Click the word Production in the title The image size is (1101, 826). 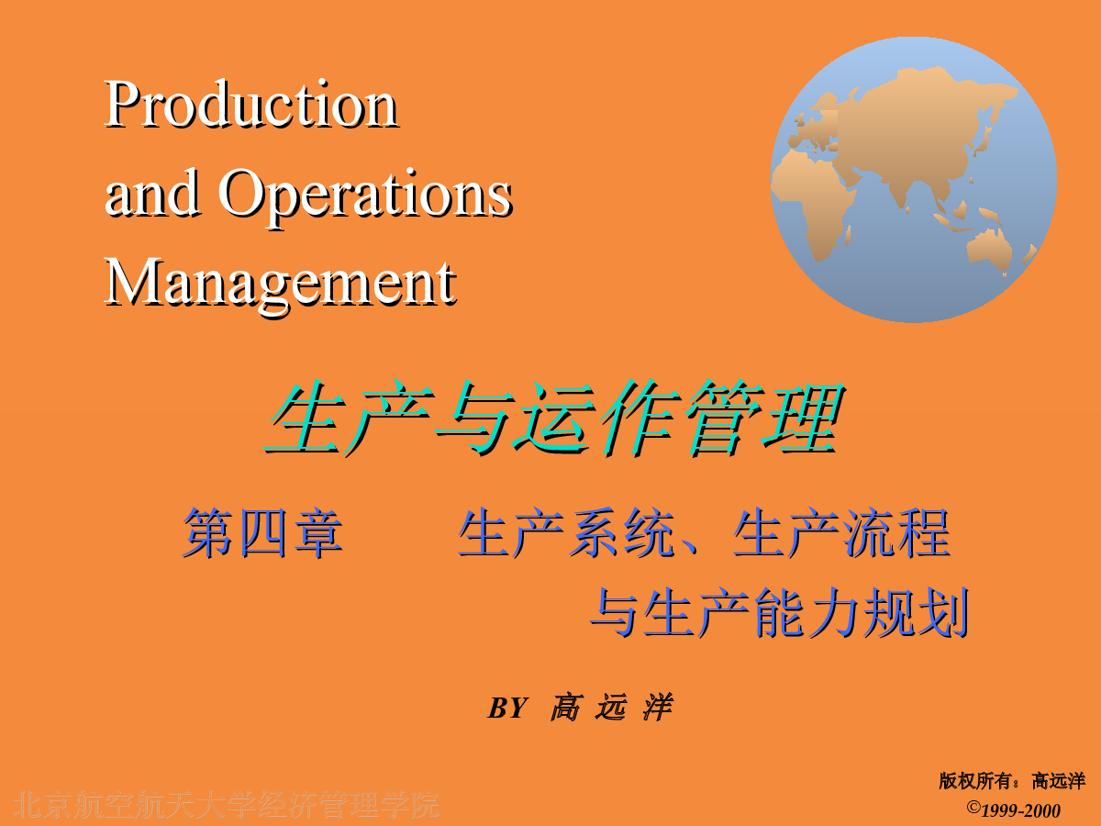click(x=250, y=104)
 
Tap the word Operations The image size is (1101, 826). click(x=365, y=195)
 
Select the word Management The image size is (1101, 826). click(x=280, y=284)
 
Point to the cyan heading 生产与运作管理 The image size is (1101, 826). click(x=554, y=418)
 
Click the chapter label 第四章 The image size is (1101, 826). click(x=262, y=532)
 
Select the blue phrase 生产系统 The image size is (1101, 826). click(x=566, y=532)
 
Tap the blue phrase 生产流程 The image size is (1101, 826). click(x=841, y=532)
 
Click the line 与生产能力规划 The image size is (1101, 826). click(x=779, y=612)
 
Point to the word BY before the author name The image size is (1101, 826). click(x=507, y=709)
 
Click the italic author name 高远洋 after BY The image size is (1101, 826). click(x=611, y=708)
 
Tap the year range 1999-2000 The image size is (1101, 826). click(x=1021, y=811)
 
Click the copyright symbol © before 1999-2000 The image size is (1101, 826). click(x=973, y=807)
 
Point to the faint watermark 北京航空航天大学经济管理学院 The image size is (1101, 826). click(x=227, y=805)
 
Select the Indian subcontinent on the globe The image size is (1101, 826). click(x=906, y=188)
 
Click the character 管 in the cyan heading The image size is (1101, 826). click(x=723, y=418)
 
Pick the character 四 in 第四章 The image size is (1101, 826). click(x=262, y=532)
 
